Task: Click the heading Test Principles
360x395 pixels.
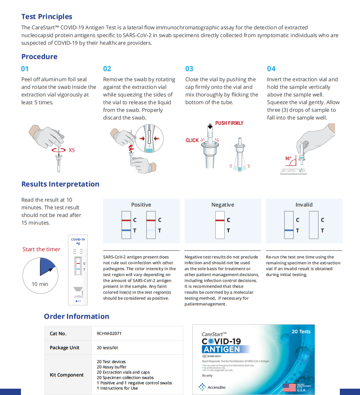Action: click(x=47, y=17)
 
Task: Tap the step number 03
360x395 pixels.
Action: click(x=189, y=69)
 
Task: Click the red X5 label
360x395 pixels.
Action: click(x=72, y=150)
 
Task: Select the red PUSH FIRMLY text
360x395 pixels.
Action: click(x=229, y=123)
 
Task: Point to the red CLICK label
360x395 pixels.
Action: click(x=192, y=140)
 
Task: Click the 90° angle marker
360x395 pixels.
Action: click(x=288, y=158)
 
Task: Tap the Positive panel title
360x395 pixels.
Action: click(x=141, y=205)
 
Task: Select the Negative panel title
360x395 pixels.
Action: click(x=222, y=205)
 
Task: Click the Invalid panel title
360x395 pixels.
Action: click(x=304, y=205)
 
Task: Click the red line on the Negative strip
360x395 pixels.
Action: click(x=220, y=220)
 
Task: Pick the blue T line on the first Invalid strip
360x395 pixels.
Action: click(x=289, y=230)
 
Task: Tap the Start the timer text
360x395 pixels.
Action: click(x=41, y=249)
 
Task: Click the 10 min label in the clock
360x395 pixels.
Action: click(x=40, y=284)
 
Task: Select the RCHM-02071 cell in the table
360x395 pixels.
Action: click(x=109, y=333)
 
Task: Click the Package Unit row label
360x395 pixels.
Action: click(x=64, y=348)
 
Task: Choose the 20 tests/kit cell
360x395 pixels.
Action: click(x=107, y=348)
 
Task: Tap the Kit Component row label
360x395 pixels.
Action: click(x=67, y=375)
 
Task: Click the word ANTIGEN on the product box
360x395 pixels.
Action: click(x=221, y=349)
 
